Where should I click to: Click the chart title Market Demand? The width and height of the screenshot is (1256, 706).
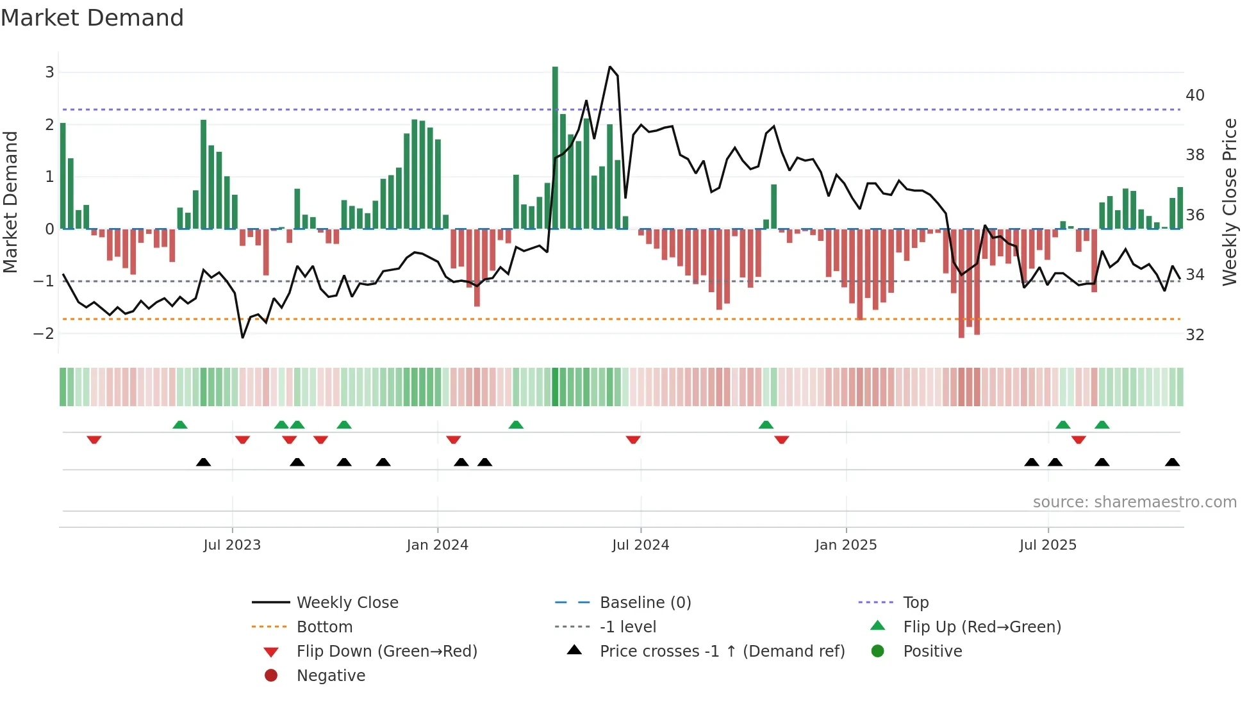point(92,18)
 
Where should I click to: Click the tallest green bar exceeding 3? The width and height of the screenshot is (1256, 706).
point(555,147)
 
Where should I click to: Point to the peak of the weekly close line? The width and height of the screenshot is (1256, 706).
point(610,67)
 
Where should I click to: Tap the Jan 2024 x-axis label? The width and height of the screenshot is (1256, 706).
point(437,545)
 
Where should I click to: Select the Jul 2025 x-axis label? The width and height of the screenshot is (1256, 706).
point(1048,545)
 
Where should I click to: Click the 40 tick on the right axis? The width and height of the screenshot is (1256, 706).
point(1194,95)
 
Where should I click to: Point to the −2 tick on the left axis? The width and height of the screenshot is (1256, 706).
point(44,334)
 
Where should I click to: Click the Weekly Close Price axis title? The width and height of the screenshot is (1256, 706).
point(1229,202)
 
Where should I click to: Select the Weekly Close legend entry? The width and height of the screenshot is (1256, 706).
point(347,603)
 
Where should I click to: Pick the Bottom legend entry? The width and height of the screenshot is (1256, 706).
point(324,627)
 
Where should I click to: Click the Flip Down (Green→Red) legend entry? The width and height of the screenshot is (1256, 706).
point(386,652)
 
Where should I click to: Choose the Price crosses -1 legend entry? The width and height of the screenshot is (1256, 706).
point(722,652)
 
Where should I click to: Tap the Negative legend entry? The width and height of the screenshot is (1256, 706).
point(331,676)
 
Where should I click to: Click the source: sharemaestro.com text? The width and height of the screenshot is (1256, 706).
point(1134,502)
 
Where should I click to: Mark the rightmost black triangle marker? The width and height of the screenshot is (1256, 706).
point(1172,463)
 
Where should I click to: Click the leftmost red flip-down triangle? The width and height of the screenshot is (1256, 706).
point(94,439)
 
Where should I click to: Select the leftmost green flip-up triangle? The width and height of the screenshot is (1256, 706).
point(180,425)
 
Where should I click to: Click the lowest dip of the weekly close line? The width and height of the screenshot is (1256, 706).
point(242,338)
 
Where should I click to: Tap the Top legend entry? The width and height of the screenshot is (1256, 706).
point(915,603)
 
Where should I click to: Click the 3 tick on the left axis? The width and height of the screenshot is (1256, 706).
point(49,72)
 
